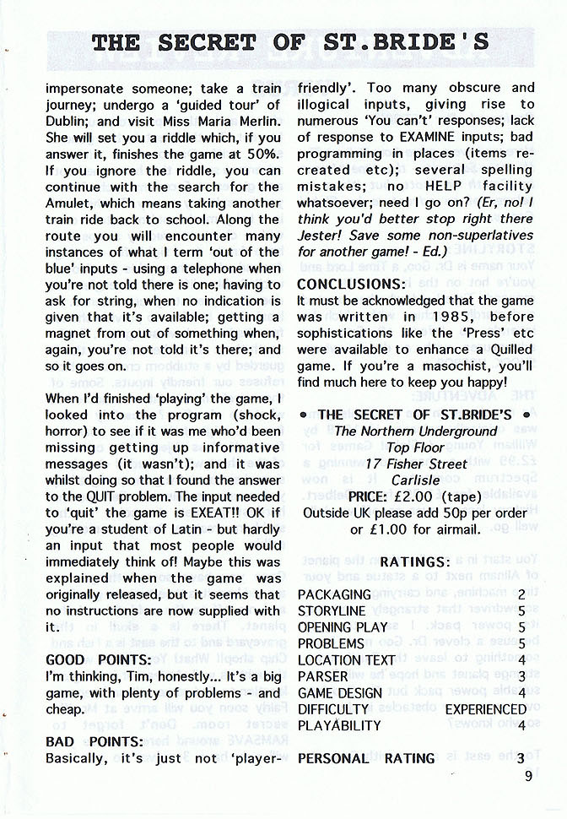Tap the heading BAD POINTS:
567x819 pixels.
tap(94, 741)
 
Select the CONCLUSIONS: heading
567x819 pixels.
tap(351, 285)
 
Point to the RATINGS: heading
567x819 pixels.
tap(415, 561)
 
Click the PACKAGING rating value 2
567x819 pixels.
tap(522, 594)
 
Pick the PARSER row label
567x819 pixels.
tap(322, 676)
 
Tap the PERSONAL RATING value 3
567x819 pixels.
tap(522, 758)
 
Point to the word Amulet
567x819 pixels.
tap(69, 203)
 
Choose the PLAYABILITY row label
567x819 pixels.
tap(339, 725)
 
